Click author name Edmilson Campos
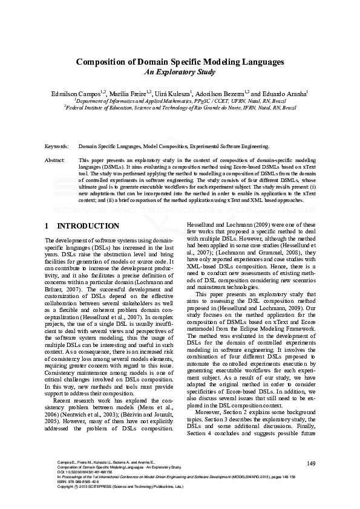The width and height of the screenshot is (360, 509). pos(77,94)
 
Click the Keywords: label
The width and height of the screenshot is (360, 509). pos(57,146)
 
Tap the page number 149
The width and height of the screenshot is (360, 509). pos(312,463)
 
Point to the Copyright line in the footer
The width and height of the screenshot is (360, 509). pos(115,487)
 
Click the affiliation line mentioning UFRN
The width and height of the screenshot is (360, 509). pos(180,102)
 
